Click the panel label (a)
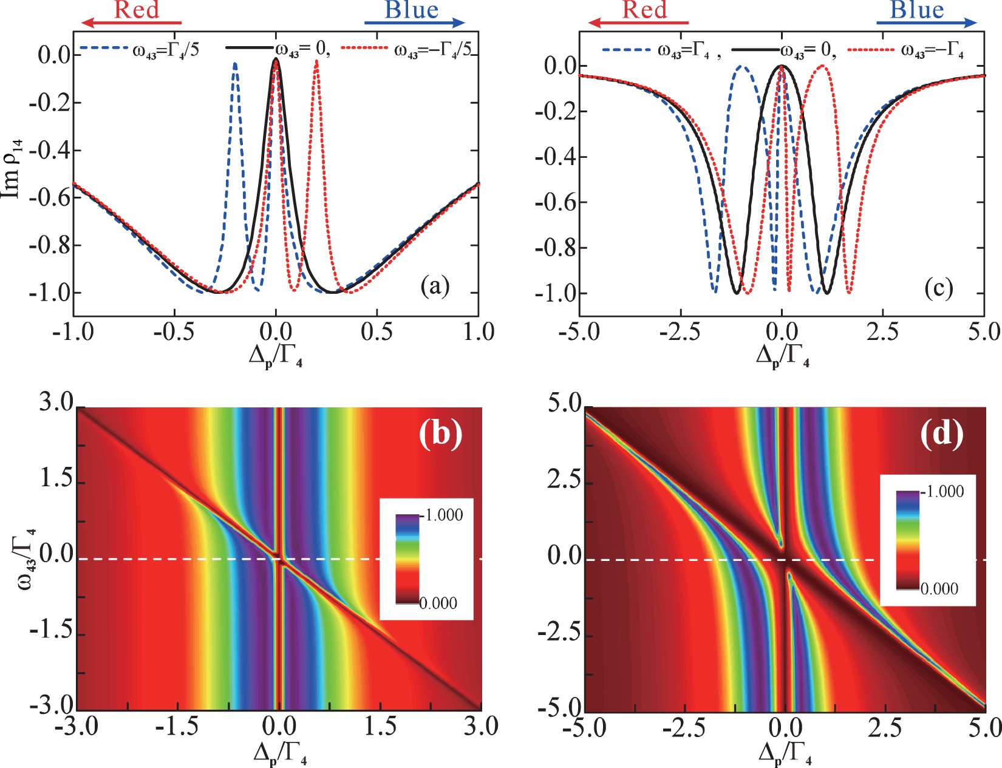[435, 286]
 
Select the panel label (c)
[938, 287]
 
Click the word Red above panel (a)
[137, 10]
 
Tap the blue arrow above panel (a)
[414, 23]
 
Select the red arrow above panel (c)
[638, 23]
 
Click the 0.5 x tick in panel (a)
[377, 332]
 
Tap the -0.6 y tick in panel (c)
[555, 202]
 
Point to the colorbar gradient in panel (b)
[407, 559]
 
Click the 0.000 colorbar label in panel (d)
[939, 588]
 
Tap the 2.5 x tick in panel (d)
[885, 727]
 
